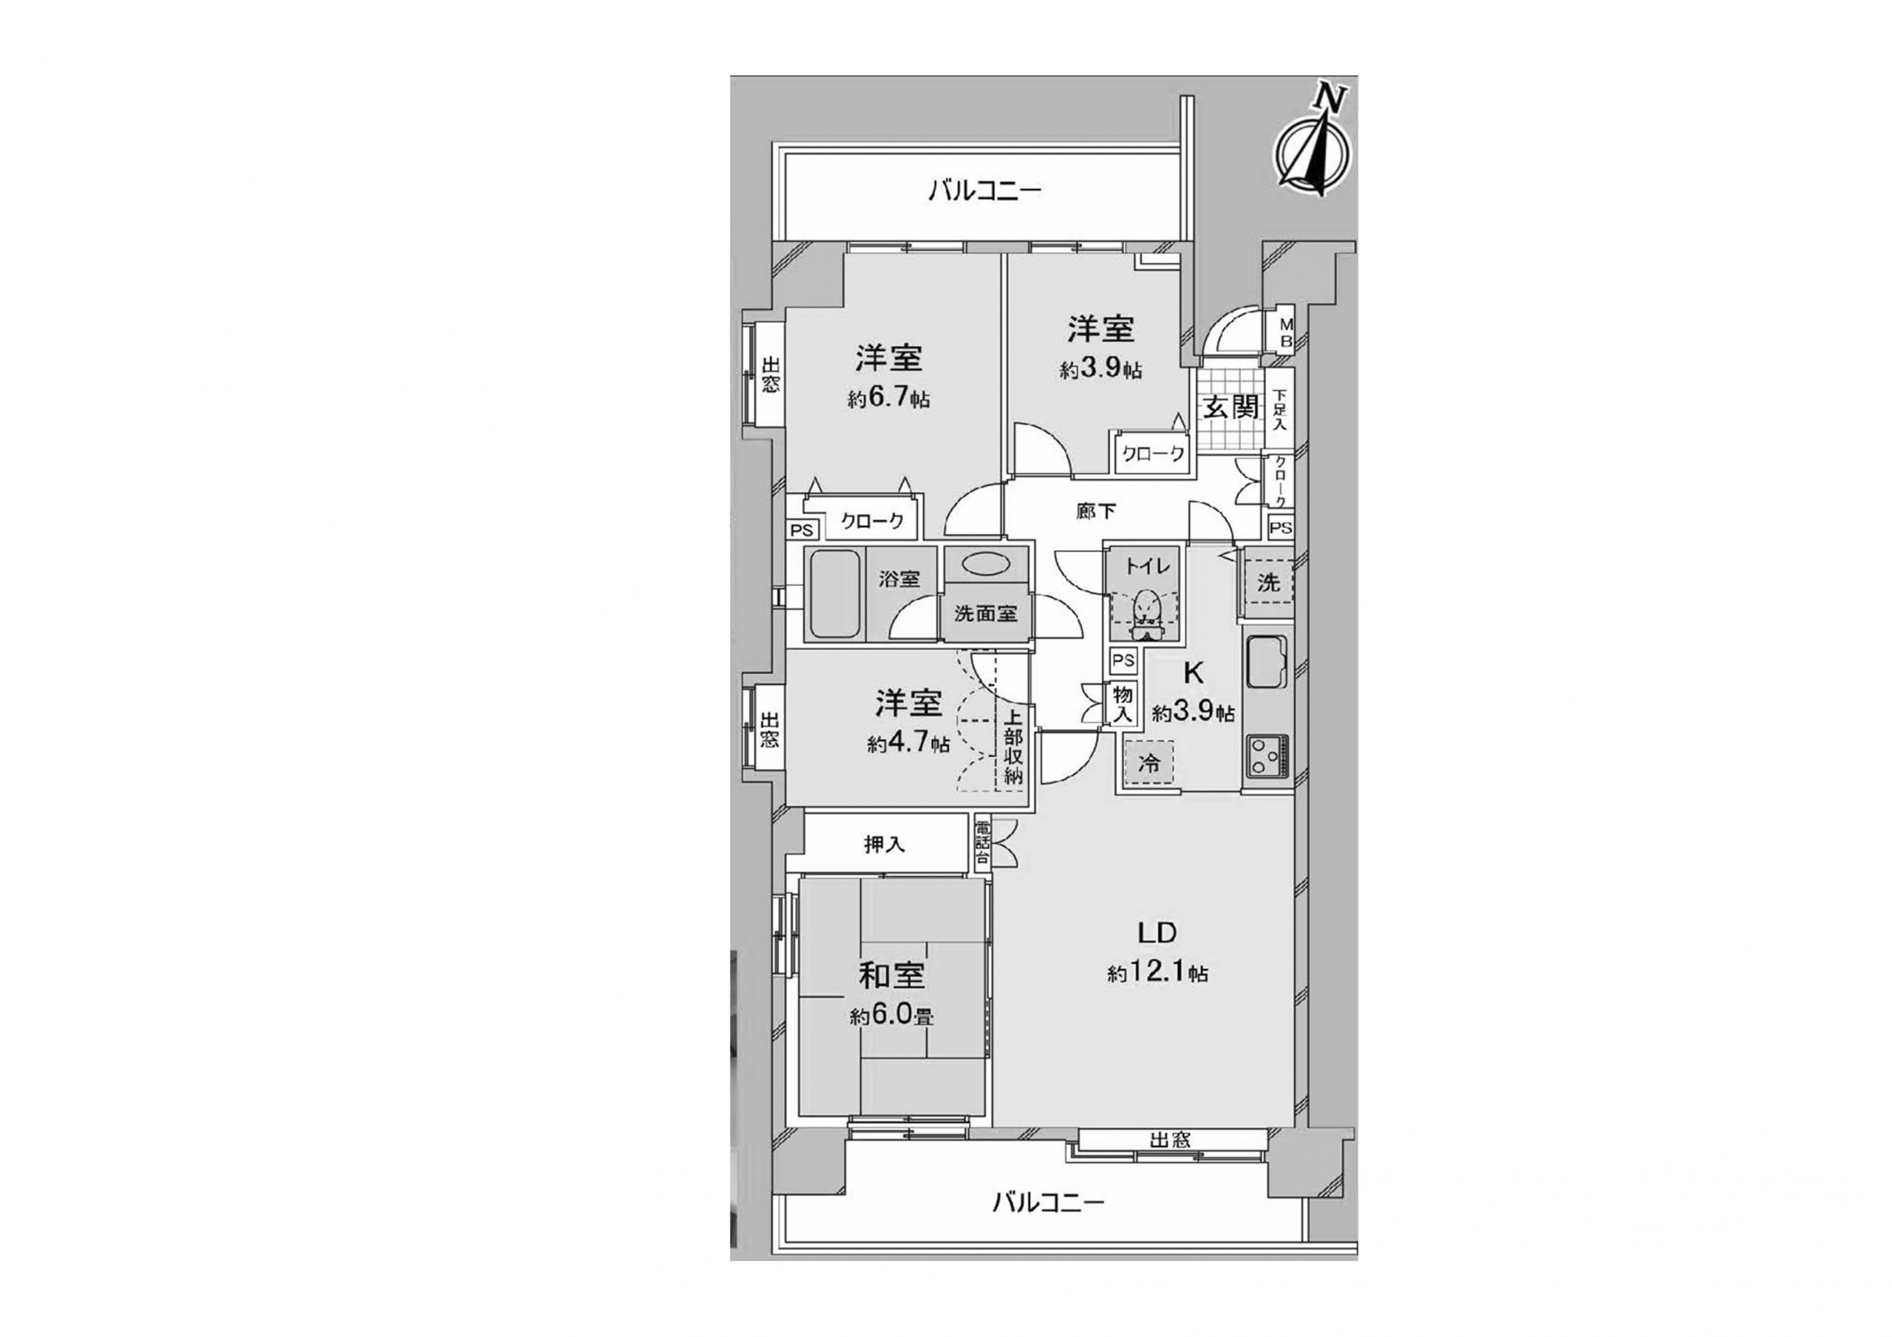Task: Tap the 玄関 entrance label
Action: pyautogui.click(x=1231, y=406)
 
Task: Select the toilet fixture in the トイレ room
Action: pyautogui.click(x=1146, y=614)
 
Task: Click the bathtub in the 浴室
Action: pyautogui.click(x=836, y=593)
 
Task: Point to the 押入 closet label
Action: pyautogui.click(x=885, y=844)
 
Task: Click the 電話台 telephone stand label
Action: pyautogui.click(x=982, y=844)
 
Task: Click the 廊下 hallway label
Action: pyautogui.click(x=1096, y=512)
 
